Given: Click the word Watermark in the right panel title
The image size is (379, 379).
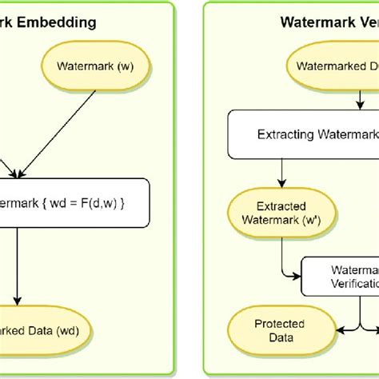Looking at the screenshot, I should pyautogui.click(x=310, y=22).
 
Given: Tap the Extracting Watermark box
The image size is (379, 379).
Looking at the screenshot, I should pyautogui.click(x=304, y=134).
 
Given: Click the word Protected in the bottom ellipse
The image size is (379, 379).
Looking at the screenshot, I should pyautogui.click(x=275, y=324).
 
